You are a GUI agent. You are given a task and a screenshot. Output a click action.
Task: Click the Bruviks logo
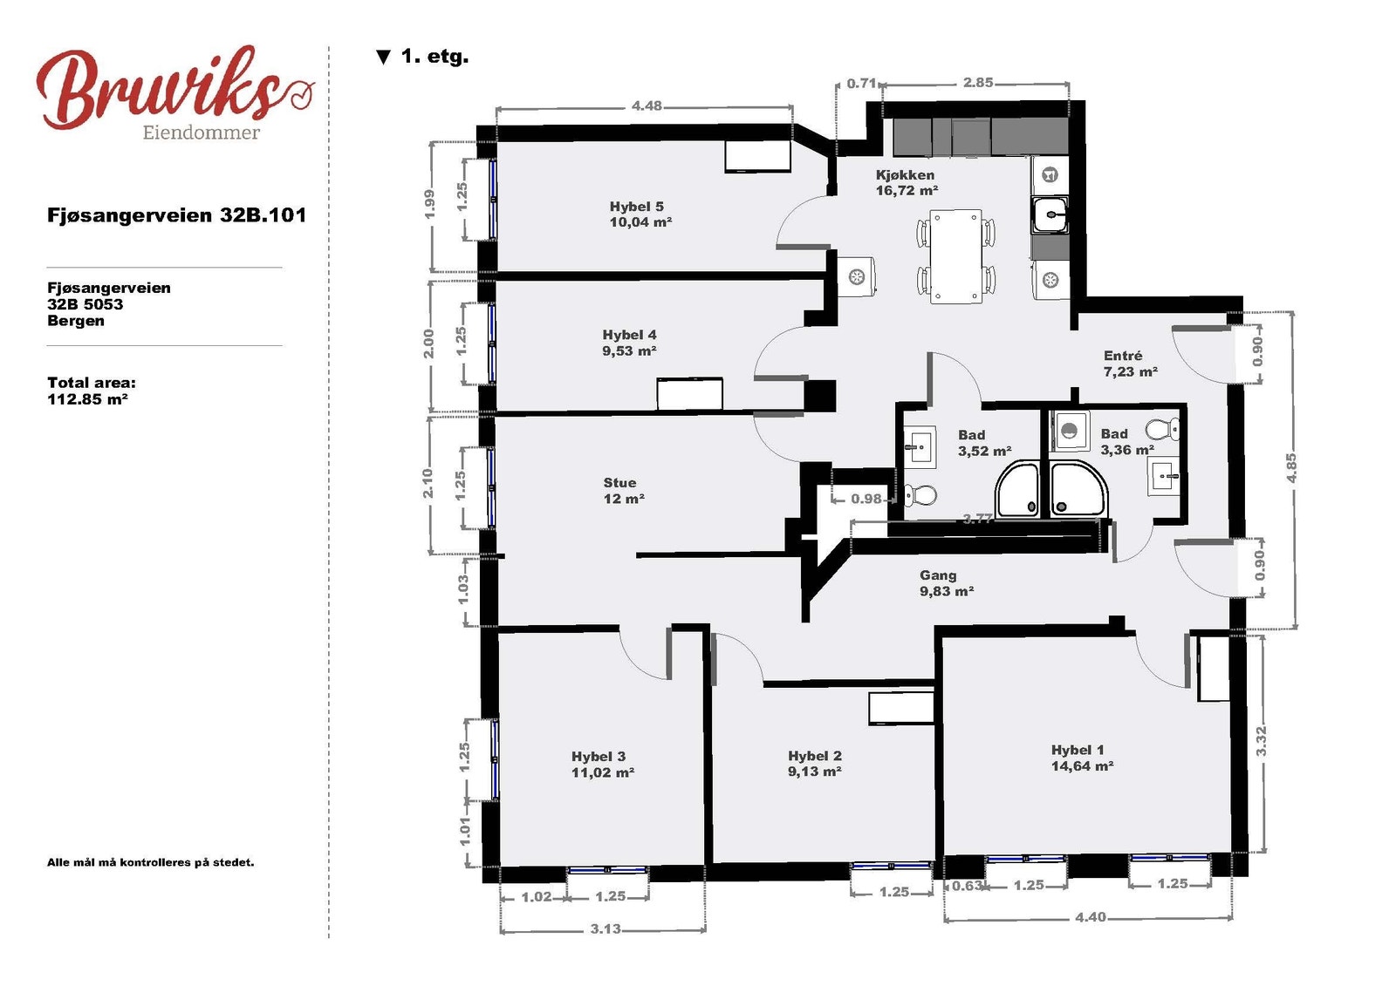[175, 92]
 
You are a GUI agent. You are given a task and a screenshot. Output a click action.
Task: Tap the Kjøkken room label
[905, 175]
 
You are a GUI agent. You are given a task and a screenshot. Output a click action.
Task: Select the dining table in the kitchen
[955, 256]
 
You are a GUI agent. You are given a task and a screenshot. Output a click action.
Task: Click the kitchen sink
[1050, 214]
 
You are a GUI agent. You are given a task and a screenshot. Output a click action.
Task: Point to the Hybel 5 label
[636, 206]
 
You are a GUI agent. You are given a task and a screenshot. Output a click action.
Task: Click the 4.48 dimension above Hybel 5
[647, 105]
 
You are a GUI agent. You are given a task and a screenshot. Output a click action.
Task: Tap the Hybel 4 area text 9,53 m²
[629, 350]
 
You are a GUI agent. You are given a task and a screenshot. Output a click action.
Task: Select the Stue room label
[619, 483]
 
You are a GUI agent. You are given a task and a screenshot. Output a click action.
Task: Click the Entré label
[1123, 356]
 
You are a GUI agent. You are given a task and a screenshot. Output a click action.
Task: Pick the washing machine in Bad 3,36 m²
[1070, 431]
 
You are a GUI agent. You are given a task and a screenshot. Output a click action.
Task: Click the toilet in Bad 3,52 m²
[920, 496]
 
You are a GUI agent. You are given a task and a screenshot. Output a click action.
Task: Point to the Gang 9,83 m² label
[947, 583]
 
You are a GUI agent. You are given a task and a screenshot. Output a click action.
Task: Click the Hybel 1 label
[1078, 750]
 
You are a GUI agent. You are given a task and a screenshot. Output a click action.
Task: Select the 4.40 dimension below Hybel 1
[1090, 917]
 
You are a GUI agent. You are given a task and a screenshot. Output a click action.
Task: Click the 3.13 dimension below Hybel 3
[606, 928]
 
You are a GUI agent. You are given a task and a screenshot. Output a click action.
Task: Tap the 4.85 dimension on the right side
[1292, 468]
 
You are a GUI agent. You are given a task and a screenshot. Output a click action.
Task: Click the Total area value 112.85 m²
[87, 399]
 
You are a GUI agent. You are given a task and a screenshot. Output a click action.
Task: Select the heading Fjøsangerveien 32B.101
[176, 215]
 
